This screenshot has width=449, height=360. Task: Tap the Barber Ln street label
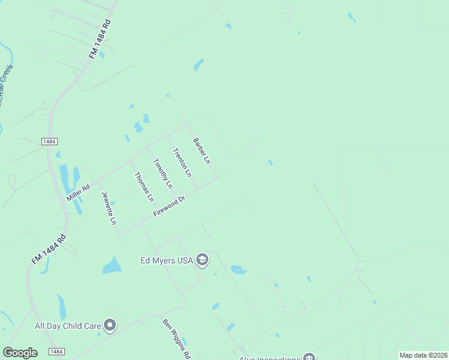click(201, 151)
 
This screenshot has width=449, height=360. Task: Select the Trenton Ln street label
click(181, 162)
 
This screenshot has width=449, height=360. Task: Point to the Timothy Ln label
click(162, 173)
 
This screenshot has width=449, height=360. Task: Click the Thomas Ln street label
click(144, 187)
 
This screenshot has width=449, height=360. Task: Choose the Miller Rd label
click(78, 191)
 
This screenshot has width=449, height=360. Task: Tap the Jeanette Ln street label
click(109, 208)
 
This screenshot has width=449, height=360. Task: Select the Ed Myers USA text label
click(165, 260)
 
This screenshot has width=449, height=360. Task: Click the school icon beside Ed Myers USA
click(202, 260)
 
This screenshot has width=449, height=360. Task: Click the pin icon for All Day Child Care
click(110, 326)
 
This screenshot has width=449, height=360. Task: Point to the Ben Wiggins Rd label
click(176, 338)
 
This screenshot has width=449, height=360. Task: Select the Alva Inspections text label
click(270, 358)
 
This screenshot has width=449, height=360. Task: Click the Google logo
click(20, 353)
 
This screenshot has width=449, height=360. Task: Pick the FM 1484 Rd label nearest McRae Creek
click(101, 39)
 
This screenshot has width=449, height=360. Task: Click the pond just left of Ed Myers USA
click(112, 265)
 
